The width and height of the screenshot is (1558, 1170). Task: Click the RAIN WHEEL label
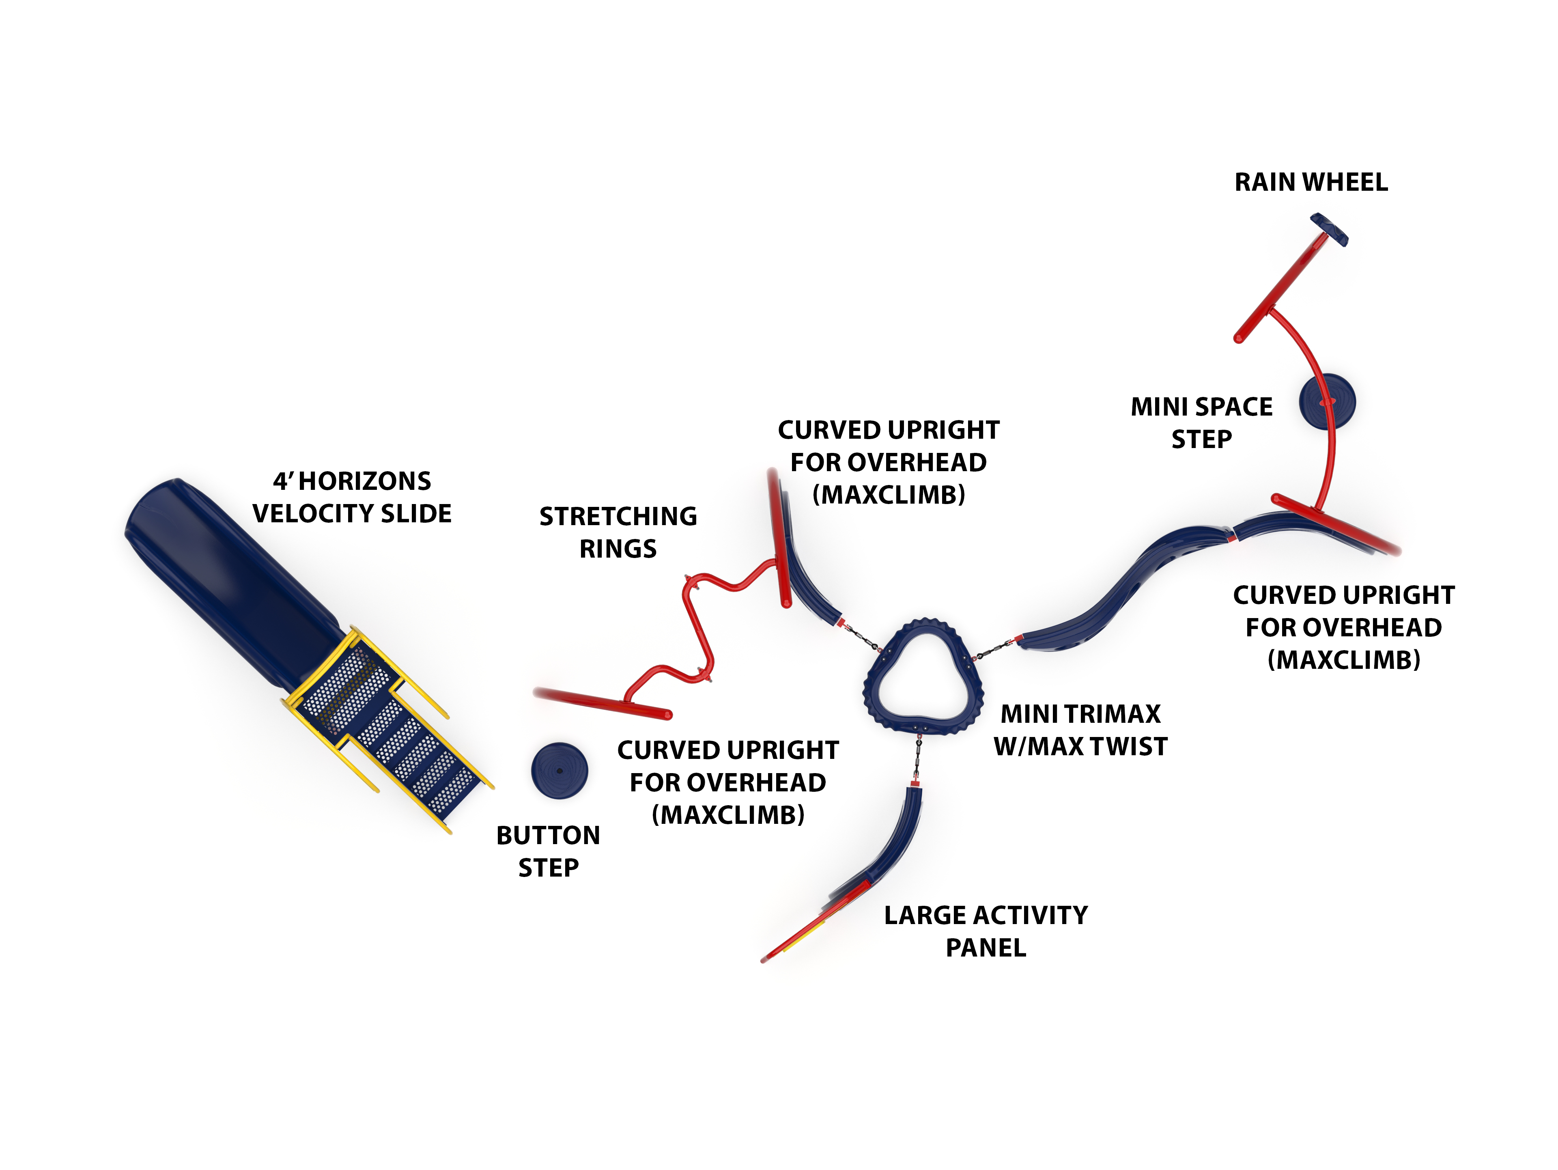pos(1311,183)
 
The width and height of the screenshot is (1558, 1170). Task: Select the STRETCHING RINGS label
pos(618,532)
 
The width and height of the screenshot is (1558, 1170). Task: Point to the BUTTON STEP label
pos(548,851)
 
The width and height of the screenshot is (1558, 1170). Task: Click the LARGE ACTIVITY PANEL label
pos(986,931)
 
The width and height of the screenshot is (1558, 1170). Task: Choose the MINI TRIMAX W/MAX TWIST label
pos(1080,730)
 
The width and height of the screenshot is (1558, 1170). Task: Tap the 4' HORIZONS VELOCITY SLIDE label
pos(351,497)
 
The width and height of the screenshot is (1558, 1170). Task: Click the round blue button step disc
pos(559,771)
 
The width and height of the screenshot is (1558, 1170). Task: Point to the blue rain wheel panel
pos(1329,231)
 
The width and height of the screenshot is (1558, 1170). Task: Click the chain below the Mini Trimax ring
pos(918,757)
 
